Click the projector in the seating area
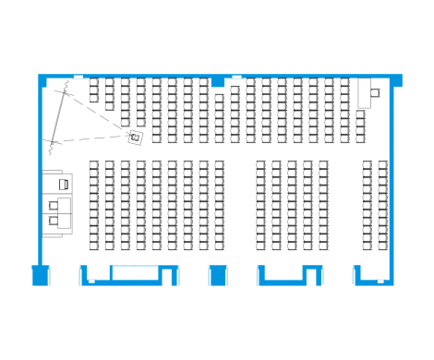click(136, 137)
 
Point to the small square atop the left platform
click(64, 185)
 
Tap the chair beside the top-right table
click(375, 91)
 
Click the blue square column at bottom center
click(217, 274)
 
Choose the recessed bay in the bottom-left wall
click(132, 272)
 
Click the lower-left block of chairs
click(156, 205)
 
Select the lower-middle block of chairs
click(292, 205)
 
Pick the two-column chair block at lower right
click(375, 205)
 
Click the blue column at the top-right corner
click(398, 80)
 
